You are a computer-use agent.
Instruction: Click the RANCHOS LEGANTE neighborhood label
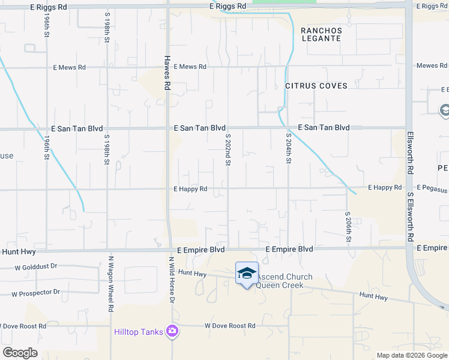[x=321, y=35]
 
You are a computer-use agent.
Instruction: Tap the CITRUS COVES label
[x=316, y=86]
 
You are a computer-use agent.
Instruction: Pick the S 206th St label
[x=348, y=227]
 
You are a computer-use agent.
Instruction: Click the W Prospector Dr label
[x=36, y=293]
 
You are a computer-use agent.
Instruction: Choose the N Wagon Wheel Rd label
[x=111, y=284]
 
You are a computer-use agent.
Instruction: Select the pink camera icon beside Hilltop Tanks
[x=172, y=331]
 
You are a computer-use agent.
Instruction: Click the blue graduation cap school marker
[x=247, y=273]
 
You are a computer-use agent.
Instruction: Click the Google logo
[x=19, y=353]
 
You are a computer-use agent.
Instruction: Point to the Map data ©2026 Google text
[x=412, y=355]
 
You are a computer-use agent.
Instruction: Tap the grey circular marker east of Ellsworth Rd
[x=445, y=110]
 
